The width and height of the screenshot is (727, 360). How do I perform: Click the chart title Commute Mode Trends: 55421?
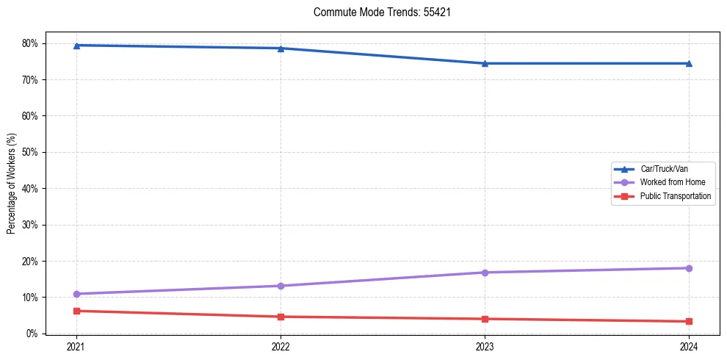(377, 12)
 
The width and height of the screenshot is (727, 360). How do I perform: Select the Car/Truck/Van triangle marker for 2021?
(76, 46)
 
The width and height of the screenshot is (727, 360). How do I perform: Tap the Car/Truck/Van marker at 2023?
(485, 63)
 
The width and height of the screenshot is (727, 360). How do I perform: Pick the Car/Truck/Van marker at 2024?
(689, 63)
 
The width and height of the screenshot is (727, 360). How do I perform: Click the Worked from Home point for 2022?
(281, 286)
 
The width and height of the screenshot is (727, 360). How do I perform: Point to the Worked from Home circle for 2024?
(689, 268)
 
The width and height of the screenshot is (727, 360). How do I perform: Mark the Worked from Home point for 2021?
(76, 294)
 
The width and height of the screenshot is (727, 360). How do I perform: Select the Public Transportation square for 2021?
(76, 311)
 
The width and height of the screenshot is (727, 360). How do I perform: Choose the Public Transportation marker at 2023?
(485, 319)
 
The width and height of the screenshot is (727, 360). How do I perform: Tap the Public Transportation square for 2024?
(689, 321)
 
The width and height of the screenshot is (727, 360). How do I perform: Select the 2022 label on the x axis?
(281, 346)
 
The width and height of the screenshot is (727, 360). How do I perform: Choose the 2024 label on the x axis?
(689, 346)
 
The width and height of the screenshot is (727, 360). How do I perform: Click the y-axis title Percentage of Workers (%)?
(11, 183)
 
